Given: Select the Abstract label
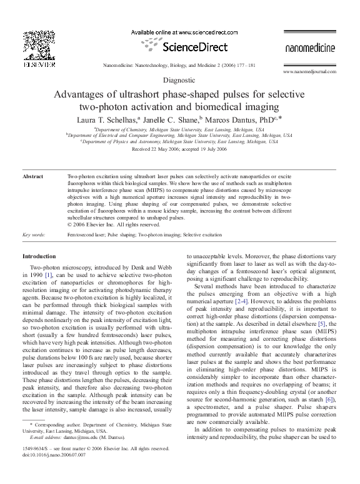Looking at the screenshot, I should coord(32,177).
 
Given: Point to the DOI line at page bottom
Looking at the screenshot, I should coord(51,455).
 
